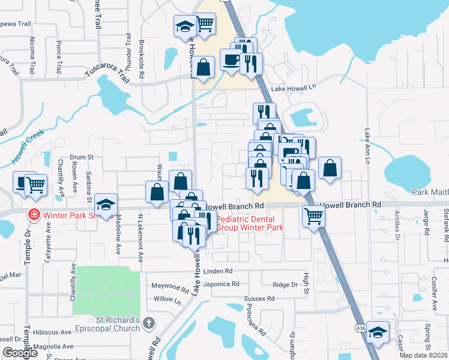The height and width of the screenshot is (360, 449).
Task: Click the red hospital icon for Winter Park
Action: click(x=34, y=214)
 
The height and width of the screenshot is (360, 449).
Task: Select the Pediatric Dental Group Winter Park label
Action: click(x=249, y=223)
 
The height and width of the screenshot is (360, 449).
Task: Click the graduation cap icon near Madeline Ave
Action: click(x=105, y=205)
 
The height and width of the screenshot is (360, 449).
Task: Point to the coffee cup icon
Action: click(x=231, y=60)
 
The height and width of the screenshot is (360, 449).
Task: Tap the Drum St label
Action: click(x=82, y=157)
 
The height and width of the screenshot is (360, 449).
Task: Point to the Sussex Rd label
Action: click(x=259, y=298)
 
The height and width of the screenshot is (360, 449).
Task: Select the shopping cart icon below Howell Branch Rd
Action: click(x=313, y=215)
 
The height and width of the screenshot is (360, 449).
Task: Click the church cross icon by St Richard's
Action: click(x=149, y=324)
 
